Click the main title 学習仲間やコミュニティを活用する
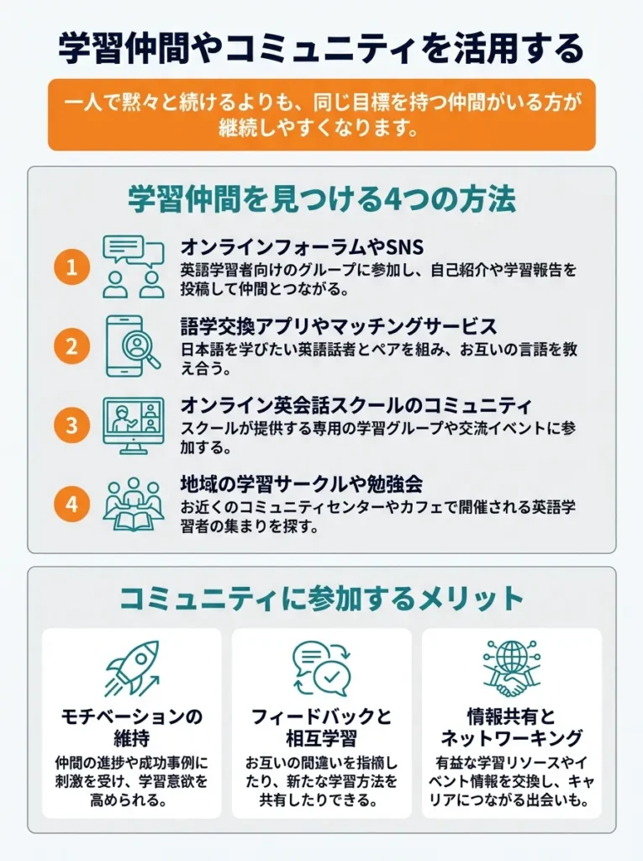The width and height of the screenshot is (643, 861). (321, 48)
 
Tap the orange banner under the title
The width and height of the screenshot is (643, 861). (321, 114)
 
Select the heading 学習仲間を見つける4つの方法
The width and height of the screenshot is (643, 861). (321, 200)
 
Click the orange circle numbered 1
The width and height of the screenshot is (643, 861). (71, 268)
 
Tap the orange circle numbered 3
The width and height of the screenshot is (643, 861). (71, 425)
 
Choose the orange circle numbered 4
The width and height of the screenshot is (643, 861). (71, 504)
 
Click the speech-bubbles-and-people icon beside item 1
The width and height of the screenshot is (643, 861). (133, 266)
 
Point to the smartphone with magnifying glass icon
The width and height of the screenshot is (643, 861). (133, 345)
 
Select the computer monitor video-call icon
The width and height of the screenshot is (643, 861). (133, 425)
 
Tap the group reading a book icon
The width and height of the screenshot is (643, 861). (133, 504)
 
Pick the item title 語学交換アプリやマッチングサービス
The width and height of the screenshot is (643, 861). (339, 325)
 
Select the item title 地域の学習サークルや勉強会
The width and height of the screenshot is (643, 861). (301, 485)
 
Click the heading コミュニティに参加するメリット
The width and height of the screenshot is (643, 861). (321, 599)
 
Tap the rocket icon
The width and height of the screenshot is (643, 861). (132, 668)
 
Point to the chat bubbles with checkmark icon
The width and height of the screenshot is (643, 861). (321, 668)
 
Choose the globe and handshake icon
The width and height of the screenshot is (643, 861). (511, 668)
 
